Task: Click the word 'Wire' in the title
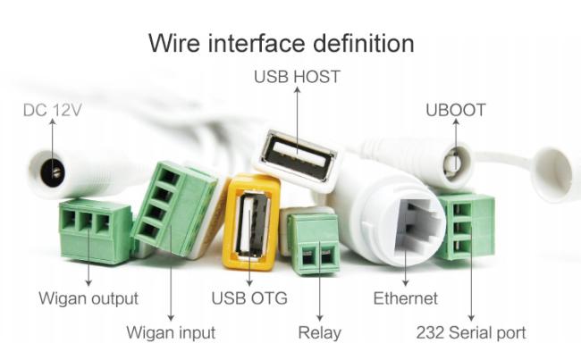pos(174,43)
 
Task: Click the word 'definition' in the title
pos(364,43)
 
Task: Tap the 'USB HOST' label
pos(297,77)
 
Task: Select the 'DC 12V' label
pos(52,110)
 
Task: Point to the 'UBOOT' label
pos(455,110)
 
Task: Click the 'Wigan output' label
pos(88,298)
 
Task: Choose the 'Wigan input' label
pos(171,332)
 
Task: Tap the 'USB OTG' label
pos(249,298)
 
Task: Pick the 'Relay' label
pos(319,332)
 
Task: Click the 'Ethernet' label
pos(406,298)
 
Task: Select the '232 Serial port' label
pos(471,332)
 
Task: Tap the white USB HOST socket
pos(298,160)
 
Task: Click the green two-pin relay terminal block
pos(315,244)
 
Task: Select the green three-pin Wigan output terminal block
pos(95,230)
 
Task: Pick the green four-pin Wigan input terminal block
pos(174,208)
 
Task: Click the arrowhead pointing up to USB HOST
pos(297,89)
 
